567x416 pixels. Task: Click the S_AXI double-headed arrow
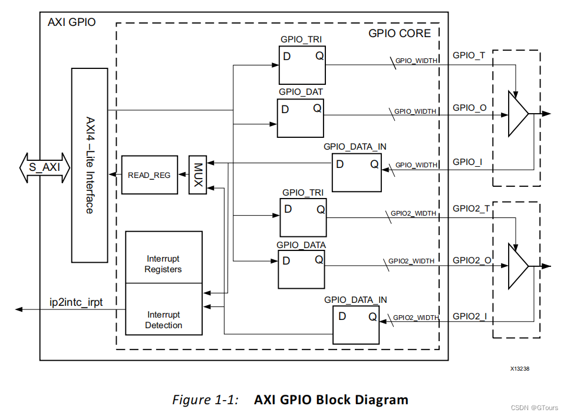click(x=44, y=167)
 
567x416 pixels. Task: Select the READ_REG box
click(x=149, y=175)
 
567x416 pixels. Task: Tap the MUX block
click(x=198, y=174)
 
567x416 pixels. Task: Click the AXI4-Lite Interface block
click(x=89, y=165)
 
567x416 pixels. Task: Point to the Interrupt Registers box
click(x=164, y=257)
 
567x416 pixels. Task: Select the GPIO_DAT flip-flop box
click(x=300, y=118)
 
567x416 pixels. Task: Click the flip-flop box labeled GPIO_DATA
click(x=301, y=269)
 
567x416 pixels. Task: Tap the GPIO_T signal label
click(x=469, y=55)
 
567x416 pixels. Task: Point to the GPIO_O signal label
click(x=469, y=108)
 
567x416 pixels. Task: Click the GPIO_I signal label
click(x=467, y=161)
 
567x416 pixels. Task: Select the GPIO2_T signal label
click(x=471, y=208)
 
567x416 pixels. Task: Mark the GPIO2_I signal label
click(x=470, y=316)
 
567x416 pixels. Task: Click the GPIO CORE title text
click(x=400, y=33)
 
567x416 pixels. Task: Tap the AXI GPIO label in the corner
click(x=71, y=22)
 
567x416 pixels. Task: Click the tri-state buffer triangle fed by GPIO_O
click(x=517, y=114)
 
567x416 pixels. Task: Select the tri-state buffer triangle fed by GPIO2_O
click(x=517, y=267)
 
